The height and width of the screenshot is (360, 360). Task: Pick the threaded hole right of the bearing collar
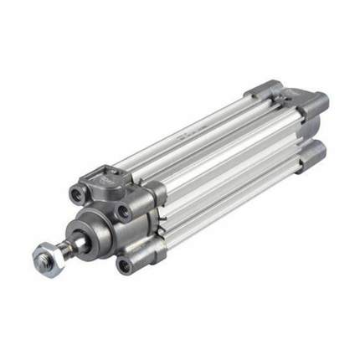point(123,212)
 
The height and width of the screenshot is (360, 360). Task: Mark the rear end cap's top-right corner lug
point(316,102)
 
